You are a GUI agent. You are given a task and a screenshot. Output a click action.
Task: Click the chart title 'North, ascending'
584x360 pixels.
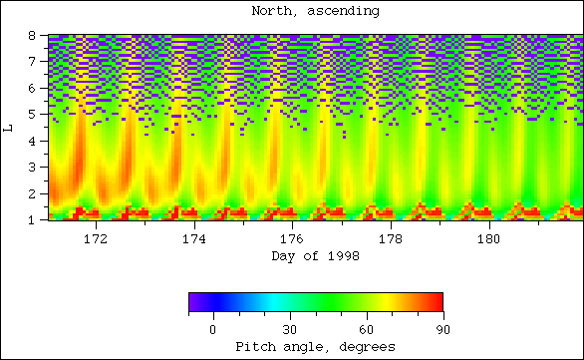click(x=315, y=12)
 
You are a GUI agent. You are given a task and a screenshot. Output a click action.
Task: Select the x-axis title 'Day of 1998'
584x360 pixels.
click(x=315, y=256)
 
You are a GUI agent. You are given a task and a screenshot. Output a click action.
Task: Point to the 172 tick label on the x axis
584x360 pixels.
click(x=97, y=239)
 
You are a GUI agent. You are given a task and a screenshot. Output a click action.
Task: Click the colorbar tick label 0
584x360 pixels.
click(x=212, y=329)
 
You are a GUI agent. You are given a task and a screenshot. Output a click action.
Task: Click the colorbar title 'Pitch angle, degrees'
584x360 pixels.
click(x=315, y=346)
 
